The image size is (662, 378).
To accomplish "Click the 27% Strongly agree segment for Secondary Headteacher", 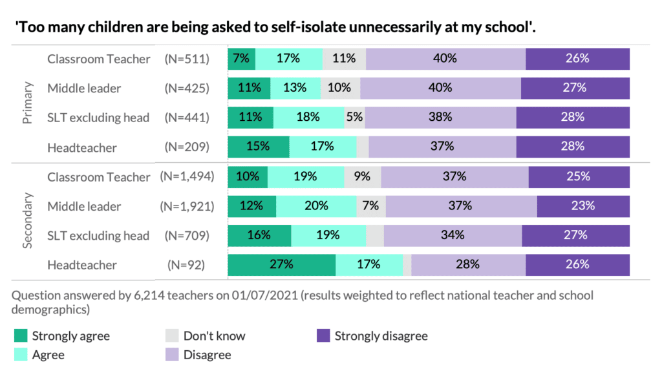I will pos(282,264).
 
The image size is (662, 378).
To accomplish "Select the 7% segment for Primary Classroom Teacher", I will pos(241,59).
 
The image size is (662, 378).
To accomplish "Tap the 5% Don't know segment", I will pos(354,118).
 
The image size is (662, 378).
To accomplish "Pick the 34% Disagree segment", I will pos(453,235).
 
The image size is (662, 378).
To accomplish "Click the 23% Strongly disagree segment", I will pos(582,206).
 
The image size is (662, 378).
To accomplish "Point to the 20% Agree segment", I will pos(315,206).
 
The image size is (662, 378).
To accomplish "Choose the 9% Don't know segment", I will pos(362,176).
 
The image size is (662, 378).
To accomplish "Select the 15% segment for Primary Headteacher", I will pos(258,147).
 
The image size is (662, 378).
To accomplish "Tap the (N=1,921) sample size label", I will pos(187,206).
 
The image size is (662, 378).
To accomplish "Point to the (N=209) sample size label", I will pos(187,147).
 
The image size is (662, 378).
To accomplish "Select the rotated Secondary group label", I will pos(28,220).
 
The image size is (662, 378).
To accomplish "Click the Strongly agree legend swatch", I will pos(21,336).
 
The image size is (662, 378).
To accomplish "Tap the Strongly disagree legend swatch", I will pos(323,336).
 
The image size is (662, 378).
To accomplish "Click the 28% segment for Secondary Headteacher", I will pos(467,264).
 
